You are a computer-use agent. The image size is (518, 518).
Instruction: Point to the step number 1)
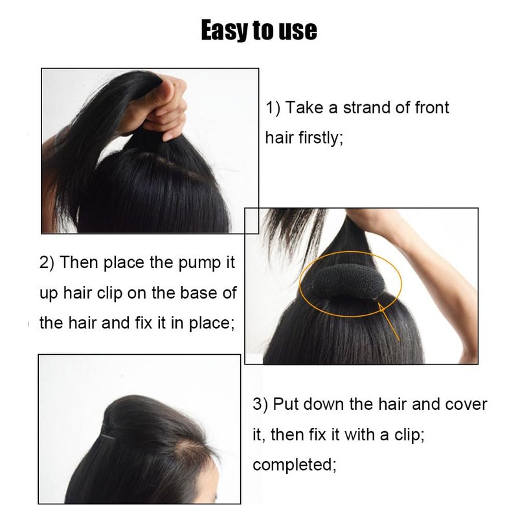tap(273, 108)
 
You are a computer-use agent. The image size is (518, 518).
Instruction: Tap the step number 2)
tap(47, 263)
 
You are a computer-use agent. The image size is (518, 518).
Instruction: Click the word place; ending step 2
tap(212, 323)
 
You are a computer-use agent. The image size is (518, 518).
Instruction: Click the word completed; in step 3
tap(295, 465)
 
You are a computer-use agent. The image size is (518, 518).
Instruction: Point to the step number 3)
tap(260, 405)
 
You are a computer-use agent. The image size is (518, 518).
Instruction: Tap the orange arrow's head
tap(381, 308)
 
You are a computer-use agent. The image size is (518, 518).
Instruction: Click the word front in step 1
tap(431, 107)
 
